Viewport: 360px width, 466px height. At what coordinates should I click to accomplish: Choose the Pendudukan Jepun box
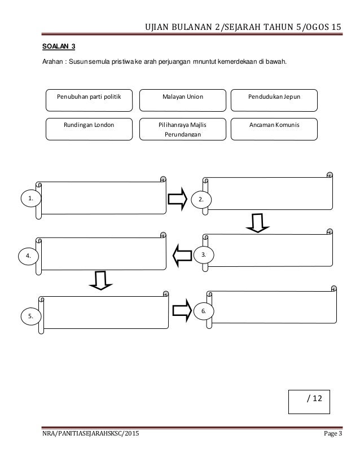[x=274, y=100]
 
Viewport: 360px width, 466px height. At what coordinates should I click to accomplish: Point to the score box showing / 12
[x=313, y=399]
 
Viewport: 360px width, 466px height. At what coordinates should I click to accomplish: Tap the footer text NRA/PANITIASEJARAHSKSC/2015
[x=89, y=433]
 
